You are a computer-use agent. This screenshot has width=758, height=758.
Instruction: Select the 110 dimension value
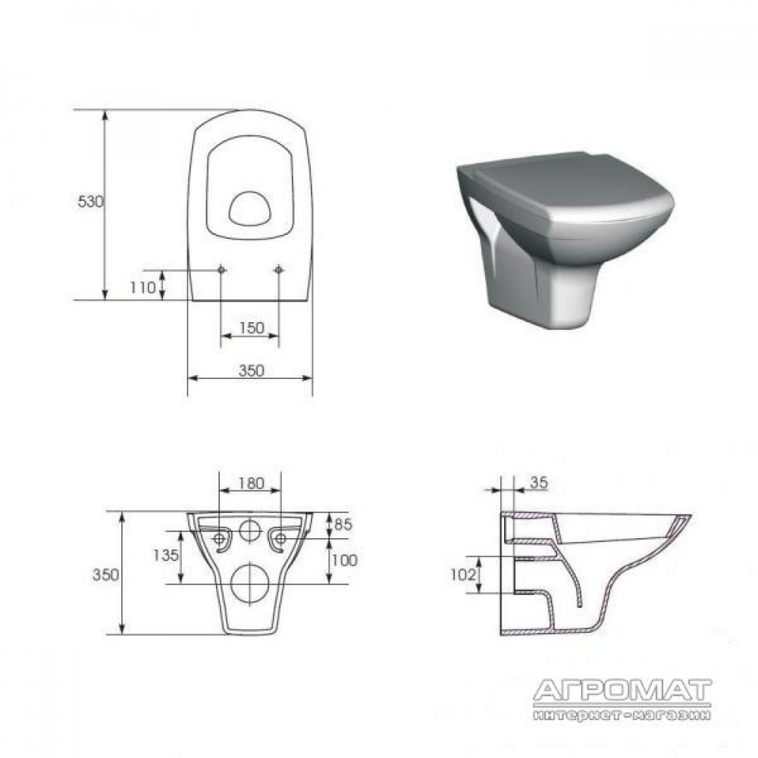pyautogui.click(x=143, y=287)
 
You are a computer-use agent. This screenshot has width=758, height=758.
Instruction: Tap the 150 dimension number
pyautogui.click(x=252, y=327)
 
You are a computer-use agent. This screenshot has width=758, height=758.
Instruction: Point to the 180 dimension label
pyautogui.click(x=252, y=483)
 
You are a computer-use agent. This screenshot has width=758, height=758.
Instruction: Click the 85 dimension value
pyautogui.click(x=343, y=524)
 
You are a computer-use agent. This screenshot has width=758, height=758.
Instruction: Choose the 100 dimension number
pyautogui.click(x=345, y=560)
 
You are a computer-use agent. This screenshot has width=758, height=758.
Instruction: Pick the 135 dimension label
pyautogui.click(x=166, y=556)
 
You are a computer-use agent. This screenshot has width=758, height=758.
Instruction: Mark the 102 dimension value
pyautogui.click(x=462, y=575)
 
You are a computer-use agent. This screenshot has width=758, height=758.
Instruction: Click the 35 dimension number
pyautogui.click(x=539, y=482)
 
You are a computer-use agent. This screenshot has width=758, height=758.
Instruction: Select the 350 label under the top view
pyautogui.click(x=252, y=371)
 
